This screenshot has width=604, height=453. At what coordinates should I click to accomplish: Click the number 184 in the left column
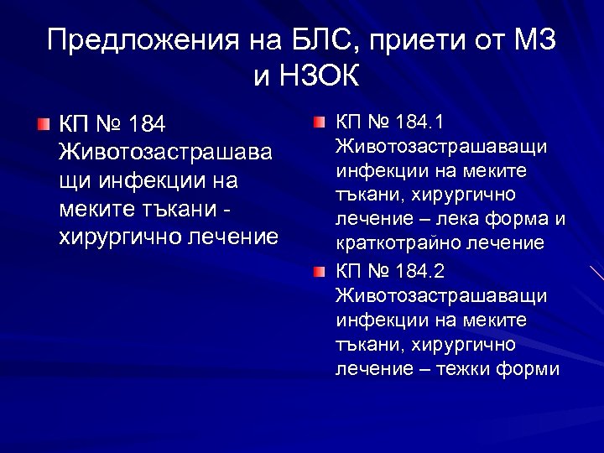(x=148, y=125)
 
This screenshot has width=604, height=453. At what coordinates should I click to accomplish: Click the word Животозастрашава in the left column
(x=165, y=153)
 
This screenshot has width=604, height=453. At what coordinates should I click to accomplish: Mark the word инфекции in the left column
(x=159, y=181)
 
